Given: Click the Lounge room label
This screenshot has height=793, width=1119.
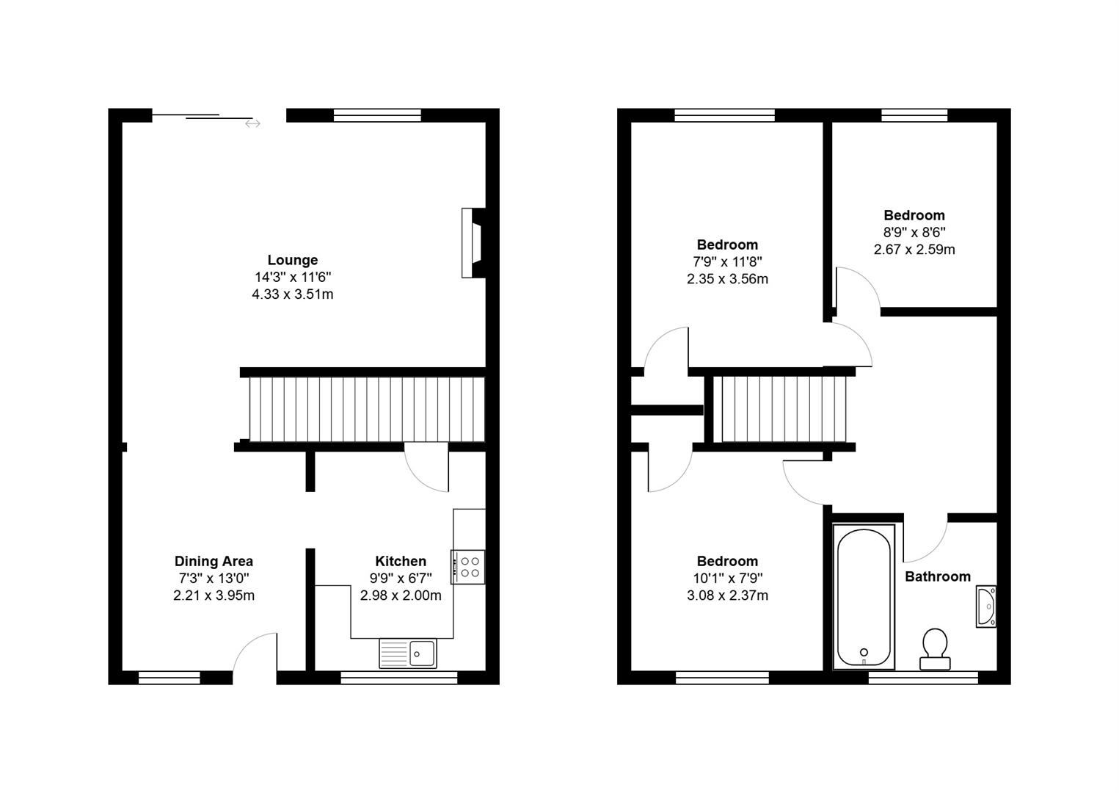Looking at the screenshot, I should click(292, 260).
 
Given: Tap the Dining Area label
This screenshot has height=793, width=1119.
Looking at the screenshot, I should click(214, 562).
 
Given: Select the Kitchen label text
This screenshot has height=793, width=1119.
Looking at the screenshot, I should click(401, 562).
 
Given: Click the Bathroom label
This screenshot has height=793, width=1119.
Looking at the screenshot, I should click(937, 577).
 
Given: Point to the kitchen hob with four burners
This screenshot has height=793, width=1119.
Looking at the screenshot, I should click(468, 567).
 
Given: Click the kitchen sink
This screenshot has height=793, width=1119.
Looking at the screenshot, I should click(408, 653).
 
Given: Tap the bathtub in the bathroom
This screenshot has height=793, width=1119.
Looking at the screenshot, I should click(864, 596).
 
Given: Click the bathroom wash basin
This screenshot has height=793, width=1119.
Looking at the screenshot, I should click(985, 606).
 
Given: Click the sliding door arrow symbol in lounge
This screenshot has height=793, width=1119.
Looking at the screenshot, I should click(252, 123).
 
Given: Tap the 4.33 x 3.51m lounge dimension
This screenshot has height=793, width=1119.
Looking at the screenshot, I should click(292, 294).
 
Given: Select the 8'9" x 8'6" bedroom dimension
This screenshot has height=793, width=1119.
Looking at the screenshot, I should click(914, 232).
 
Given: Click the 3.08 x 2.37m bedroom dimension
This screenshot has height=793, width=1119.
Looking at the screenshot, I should click(727, 595).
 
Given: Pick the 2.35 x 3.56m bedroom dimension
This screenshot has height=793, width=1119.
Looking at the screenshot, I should click(727, 279).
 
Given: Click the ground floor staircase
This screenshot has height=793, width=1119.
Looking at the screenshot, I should click(367, 410).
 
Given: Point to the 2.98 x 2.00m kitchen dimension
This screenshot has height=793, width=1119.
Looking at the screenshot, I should click(401, 595).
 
